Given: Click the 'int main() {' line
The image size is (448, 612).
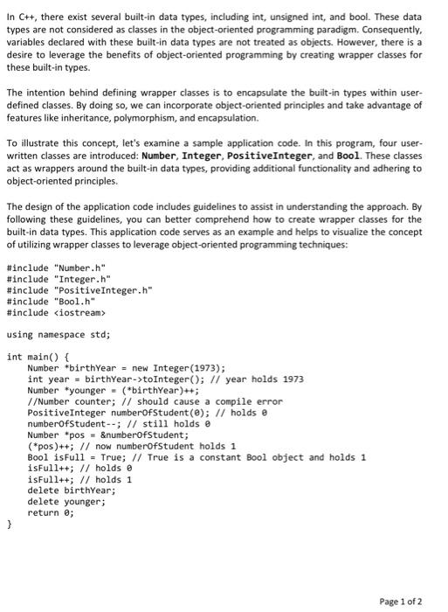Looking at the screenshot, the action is pos(36,357).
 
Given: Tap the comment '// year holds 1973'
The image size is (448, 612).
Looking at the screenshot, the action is pos(266,379).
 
